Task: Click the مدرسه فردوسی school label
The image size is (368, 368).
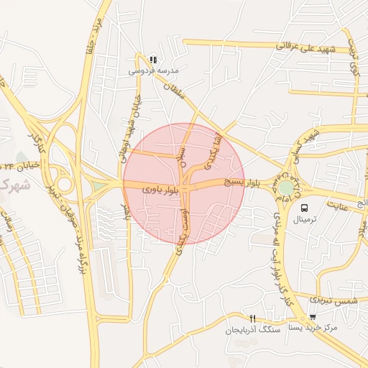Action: point(152,71)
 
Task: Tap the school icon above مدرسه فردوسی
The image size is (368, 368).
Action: point(152,59)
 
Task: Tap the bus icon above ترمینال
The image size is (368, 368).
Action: point(305,207)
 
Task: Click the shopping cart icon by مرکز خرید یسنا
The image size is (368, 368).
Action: point(313,317)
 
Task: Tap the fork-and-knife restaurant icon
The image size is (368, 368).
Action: point(252,318)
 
